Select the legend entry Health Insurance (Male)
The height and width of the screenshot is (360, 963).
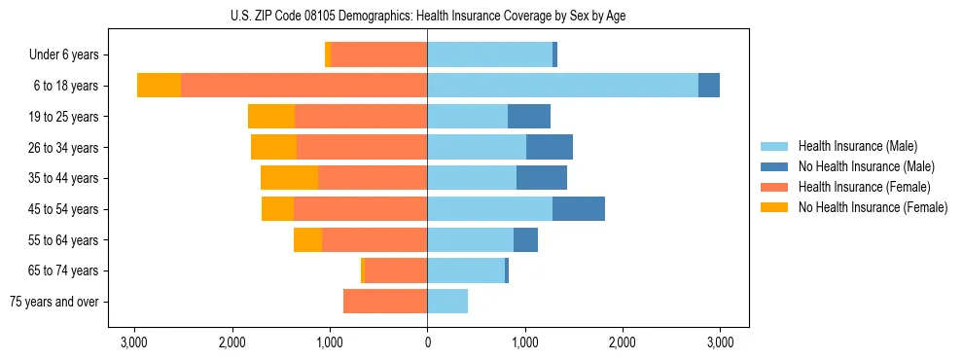click(x=857, y=146)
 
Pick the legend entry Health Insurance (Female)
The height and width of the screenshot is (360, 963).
click(x=864, y=187)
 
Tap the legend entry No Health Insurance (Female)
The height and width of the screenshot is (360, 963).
click(x=872, y=207)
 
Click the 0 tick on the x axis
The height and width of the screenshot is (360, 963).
click(x=427, y=342)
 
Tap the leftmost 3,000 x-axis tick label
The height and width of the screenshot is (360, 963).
click(x=134, y=342)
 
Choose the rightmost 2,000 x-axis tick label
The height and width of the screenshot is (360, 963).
click(x=623, y=342)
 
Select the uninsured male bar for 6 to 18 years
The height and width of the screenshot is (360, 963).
click(x=709, y=86)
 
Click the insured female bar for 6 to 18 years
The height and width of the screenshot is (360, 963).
click(x=303, y=86)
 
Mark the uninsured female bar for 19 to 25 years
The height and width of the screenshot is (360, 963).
click(x=271, y=117)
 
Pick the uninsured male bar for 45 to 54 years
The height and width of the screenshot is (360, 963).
click(x=579, y=209)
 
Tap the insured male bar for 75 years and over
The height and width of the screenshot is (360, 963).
click(x=447, y=302)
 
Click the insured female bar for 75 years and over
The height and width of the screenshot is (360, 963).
click(x=385, y=302)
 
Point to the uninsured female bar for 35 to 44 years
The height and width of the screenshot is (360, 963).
click(x=289, y=178)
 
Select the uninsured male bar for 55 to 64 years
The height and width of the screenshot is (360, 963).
click(x=525, y=240)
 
